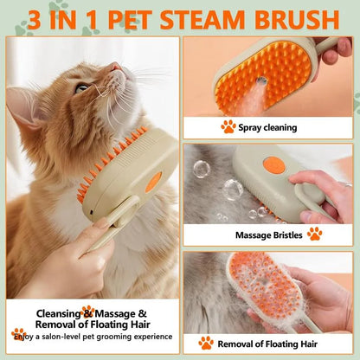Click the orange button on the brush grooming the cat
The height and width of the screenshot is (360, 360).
tap(153, 181)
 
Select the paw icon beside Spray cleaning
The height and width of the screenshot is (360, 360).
tap(228, 126)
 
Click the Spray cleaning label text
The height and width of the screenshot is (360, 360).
tap(269, 127)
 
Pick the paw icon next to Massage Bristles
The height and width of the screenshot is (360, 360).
tap(314, 234)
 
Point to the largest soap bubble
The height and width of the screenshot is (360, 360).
tap(233, 187)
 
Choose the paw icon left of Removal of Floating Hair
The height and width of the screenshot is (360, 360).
tap(206, 343)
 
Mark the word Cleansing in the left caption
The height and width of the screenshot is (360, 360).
tap(59, 313)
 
